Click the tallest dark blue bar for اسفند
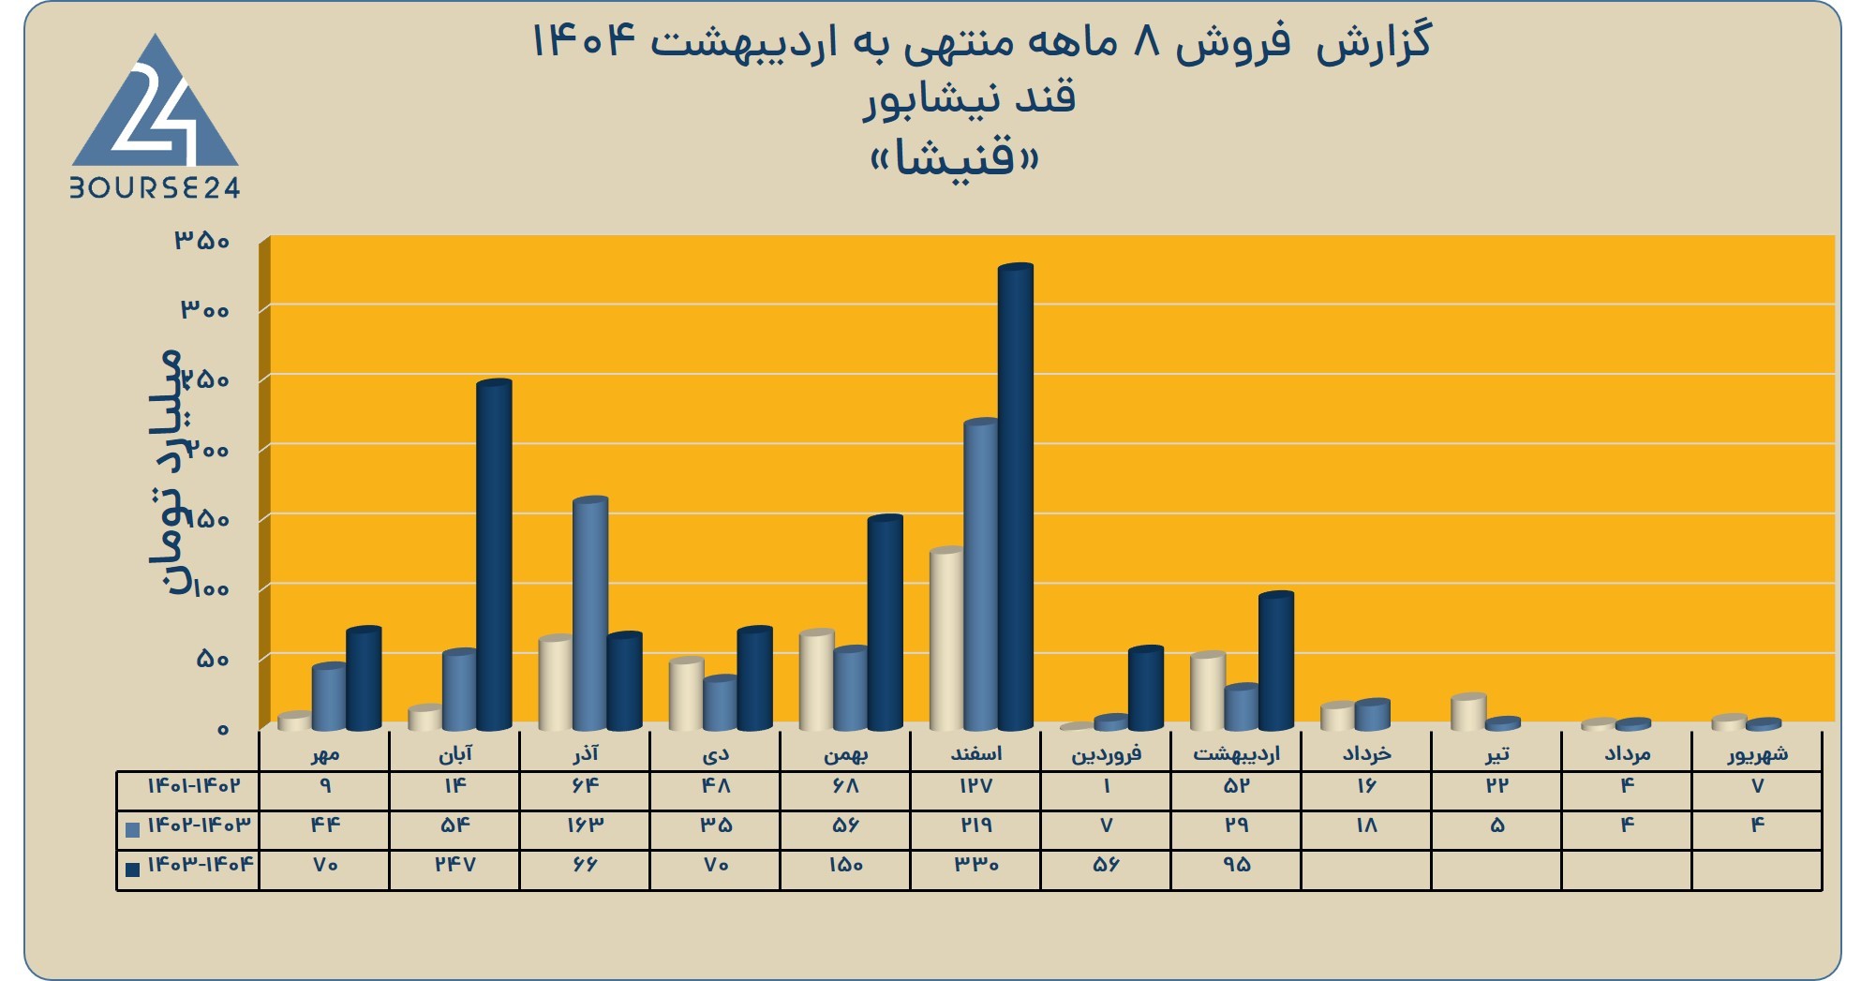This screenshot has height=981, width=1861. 1015,497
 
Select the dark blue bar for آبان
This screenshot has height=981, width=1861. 494,555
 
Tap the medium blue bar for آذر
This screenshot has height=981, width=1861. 590,614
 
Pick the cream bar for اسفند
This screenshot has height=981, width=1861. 946,639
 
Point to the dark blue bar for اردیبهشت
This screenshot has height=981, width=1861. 1276,661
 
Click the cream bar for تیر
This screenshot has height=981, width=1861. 1468,712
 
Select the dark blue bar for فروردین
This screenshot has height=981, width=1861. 1145,688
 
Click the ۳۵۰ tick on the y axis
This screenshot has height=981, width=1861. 202,241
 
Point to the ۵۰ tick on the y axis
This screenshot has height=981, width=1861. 213,659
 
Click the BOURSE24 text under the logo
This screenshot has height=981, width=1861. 156,187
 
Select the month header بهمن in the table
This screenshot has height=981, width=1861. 845,753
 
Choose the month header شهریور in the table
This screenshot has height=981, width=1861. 1757,753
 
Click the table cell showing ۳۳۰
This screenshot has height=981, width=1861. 975,864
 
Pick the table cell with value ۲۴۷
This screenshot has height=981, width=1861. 454,864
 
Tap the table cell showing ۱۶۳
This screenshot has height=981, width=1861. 585,825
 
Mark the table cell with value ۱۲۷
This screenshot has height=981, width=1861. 975,785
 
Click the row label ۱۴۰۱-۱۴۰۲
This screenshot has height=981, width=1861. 193,785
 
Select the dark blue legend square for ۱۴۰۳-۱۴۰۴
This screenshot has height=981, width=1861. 132,869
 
